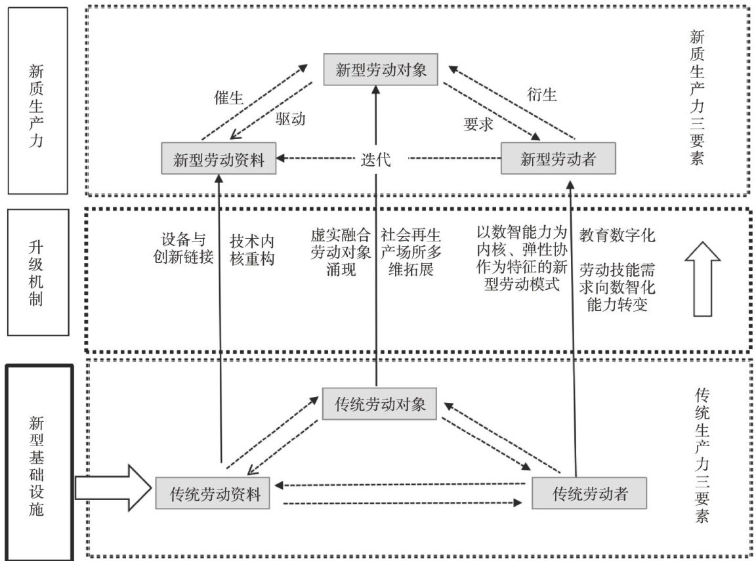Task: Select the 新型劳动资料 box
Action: tap(219, 159)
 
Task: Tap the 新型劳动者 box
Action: tap(557, 159)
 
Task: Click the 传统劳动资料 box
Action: tap(215, 494)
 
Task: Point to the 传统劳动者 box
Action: tap(590, 493)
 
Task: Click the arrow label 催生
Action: tap(229, 98)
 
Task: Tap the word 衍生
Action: tap(541, 95)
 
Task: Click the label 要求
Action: tap(478, 125)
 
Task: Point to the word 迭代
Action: tap(375, 159)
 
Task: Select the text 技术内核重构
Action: tap(252, 249)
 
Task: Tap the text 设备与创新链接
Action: tap(187, 249)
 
